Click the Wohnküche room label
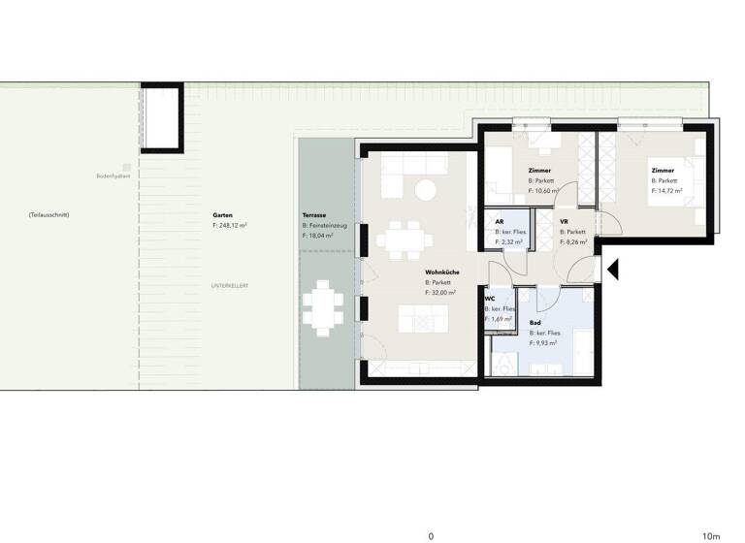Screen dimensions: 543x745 tap(441, 272)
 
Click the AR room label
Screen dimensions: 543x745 tap(499, 221)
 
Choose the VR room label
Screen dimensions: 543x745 tap(564, 221)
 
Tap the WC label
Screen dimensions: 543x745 tap(491, 299)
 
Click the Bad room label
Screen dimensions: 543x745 tap(535, 322)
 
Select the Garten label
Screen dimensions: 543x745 tap(222, 214)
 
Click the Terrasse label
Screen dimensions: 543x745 tap(314, 214)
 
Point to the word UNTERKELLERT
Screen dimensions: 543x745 tap(231, 286)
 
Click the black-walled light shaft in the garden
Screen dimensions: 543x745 tap(162, 117)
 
